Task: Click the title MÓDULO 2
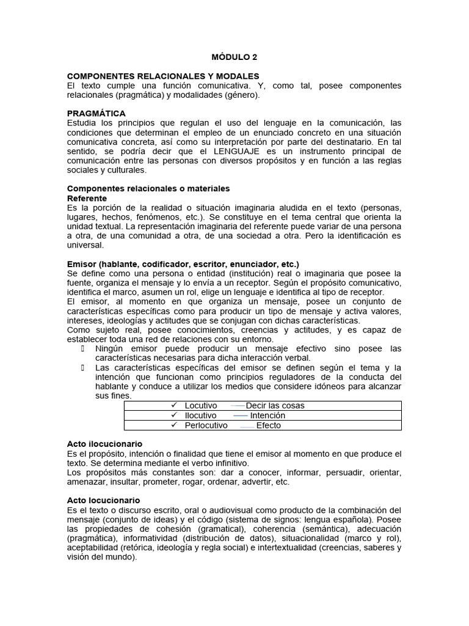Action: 234,57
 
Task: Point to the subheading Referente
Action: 87,199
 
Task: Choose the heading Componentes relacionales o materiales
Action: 148,189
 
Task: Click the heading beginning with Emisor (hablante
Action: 183,264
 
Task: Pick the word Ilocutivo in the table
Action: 200,416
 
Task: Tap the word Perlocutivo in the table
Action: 206,425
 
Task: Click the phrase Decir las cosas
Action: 275,406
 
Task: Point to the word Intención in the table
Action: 267,416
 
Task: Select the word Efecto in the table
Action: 269,425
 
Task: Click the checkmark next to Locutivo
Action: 174,405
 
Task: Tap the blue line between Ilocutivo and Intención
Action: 241,416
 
